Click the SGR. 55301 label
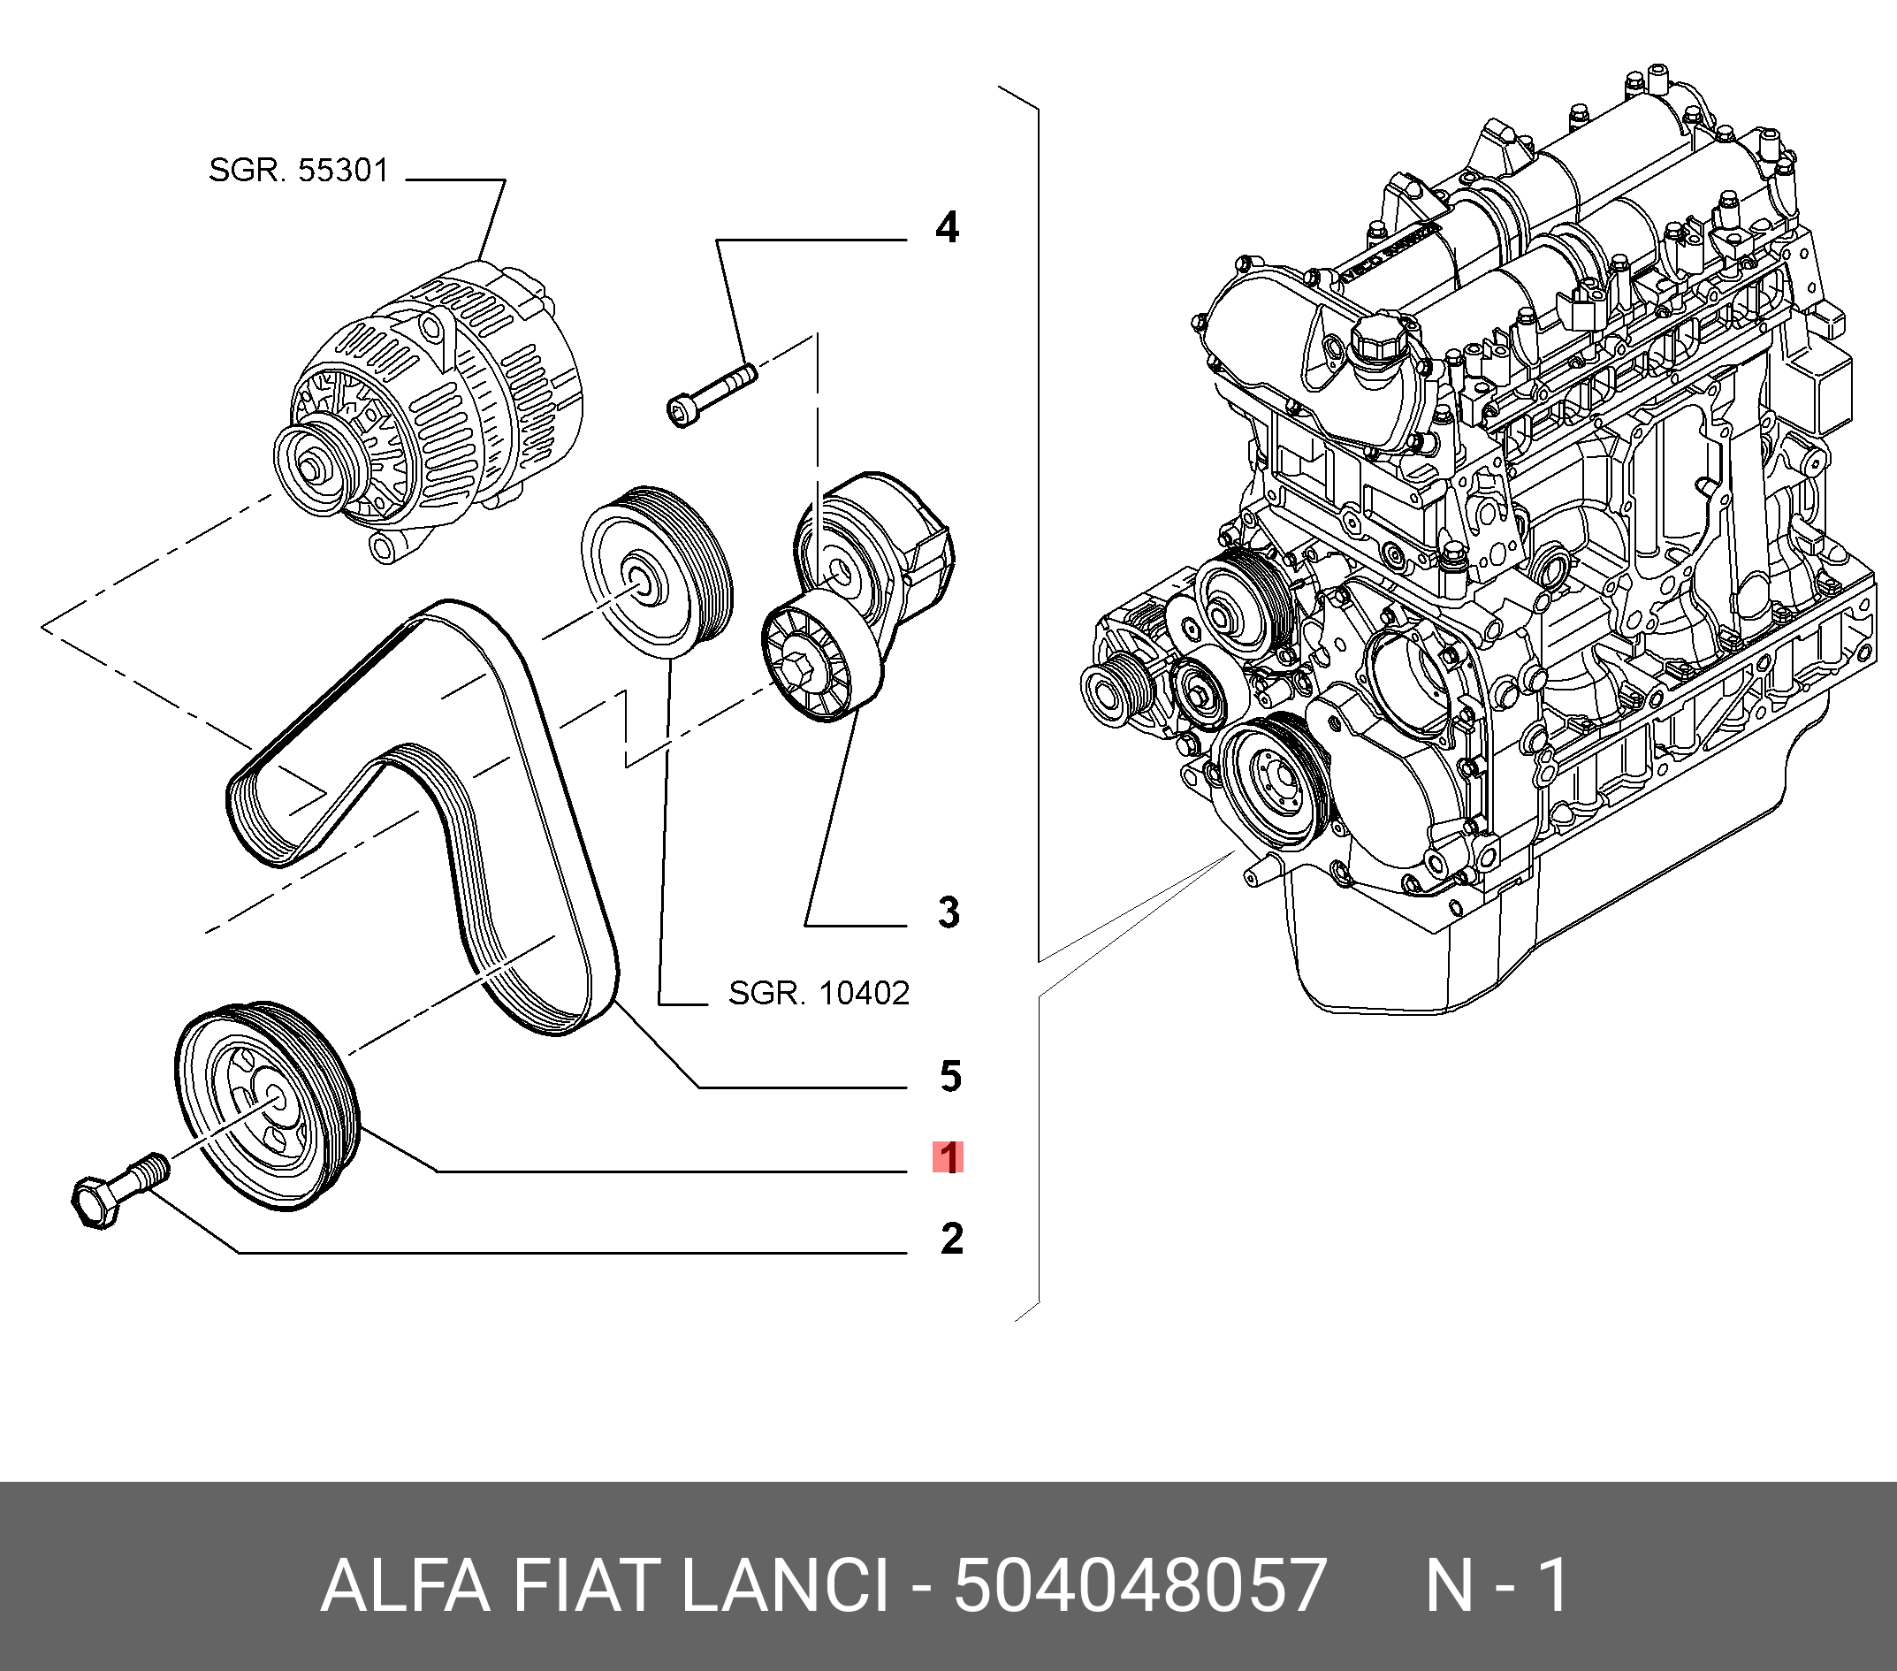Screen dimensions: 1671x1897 [298, 171]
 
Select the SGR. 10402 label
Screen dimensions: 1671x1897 [819, 994]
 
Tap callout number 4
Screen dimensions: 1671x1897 [947, 227]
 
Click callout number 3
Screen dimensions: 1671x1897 [948, 912]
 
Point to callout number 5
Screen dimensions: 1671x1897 [950, 1076]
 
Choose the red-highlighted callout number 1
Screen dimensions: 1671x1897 [948, 1157]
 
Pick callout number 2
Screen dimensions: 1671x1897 [951, 1239]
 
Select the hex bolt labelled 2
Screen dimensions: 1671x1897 [116, 1194]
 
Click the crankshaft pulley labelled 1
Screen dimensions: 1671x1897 [269, 1105]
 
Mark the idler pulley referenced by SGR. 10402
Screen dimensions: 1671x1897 [656, 571]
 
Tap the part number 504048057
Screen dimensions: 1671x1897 [1139, 1585]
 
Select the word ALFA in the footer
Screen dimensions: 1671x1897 [405, 1585]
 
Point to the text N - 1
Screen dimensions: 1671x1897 [1496, 1585]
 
